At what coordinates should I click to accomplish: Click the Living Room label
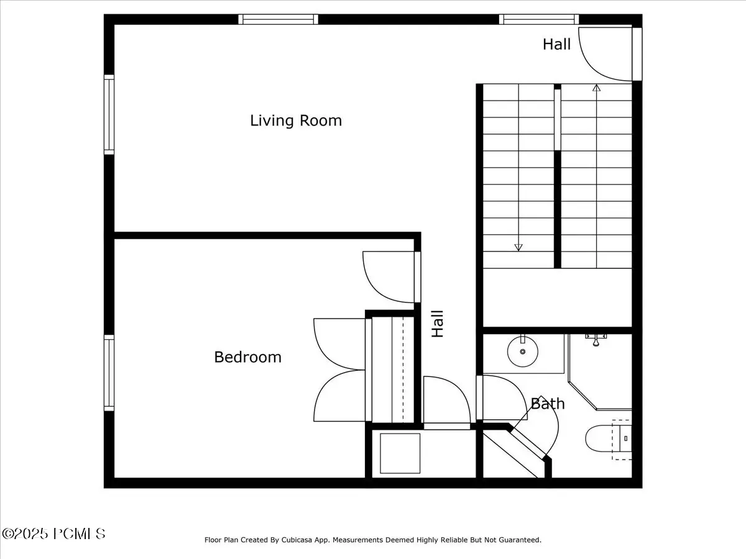[296, 121]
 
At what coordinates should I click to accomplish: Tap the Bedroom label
[248, 357]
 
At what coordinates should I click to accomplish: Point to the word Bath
[548, 404]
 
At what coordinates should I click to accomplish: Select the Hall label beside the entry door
[556, 44]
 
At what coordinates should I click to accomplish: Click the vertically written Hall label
[438, 324]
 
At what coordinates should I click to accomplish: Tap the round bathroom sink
[523, 352]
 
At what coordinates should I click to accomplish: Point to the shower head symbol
[596, 340]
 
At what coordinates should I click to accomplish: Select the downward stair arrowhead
[518, 247]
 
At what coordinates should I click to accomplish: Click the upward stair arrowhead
[596, 88]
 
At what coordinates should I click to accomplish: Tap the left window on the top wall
[278, 19]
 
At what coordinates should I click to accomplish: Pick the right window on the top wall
[539, 19]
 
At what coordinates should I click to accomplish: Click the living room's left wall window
[109, 114]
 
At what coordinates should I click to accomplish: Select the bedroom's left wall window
[109, 373]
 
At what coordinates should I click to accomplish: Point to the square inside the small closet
[400, 453]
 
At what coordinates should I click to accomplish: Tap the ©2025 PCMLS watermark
[53, 534]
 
